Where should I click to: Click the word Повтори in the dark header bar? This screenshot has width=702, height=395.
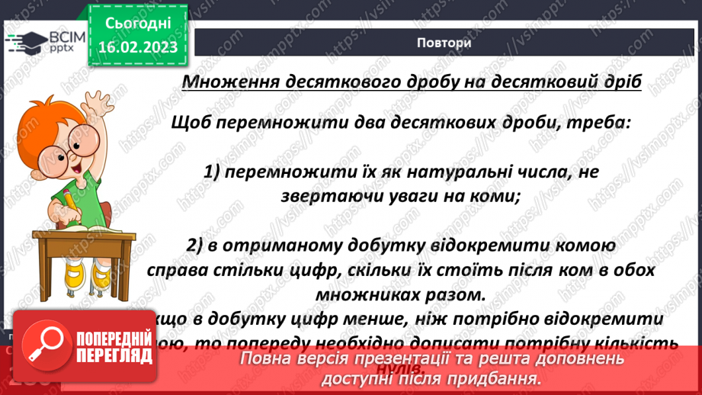point(444,43)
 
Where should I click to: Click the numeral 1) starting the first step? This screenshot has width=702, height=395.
point(216,172)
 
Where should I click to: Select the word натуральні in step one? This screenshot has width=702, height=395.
point(459,172)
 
